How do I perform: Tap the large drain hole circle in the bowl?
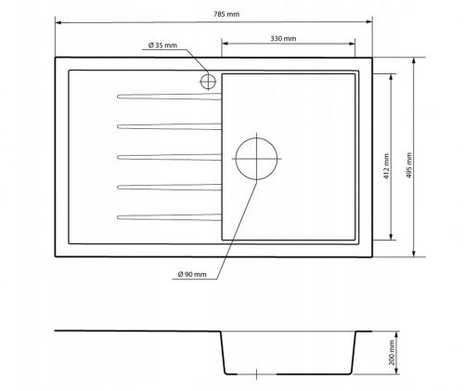point(257,158)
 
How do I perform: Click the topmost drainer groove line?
point(167,95)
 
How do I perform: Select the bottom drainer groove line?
point(167,218)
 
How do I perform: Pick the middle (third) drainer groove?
point(167,156)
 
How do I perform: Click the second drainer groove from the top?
point(167,125)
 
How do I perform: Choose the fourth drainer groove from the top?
point(167,188)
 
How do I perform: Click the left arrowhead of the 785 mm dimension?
point(58,20)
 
